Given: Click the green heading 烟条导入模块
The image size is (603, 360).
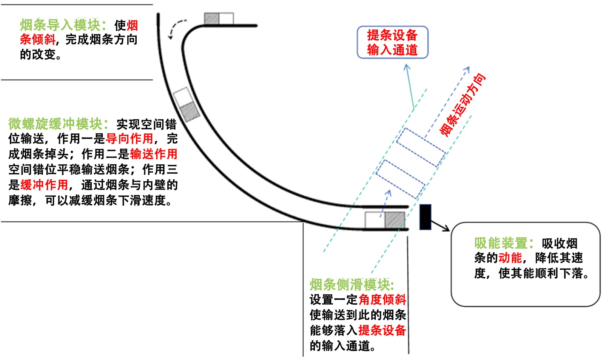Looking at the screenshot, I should click(60, 25).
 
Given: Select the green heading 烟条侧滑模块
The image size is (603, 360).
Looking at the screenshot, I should click(351, 284).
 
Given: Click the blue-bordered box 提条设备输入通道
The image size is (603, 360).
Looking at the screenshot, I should click(392, 42).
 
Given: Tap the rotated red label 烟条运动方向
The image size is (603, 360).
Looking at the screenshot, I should click(463, 105).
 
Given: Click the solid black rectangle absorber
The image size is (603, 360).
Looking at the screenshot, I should click(425, 217).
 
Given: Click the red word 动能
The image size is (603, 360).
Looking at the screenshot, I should click(510, 258).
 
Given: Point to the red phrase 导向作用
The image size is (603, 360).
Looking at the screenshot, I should click(129, 139).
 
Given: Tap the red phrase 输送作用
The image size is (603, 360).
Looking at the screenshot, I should click(154, 154).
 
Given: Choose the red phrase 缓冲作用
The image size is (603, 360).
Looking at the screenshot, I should click(44, 185).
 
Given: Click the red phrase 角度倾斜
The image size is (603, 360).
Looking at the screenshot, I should click(382, 300).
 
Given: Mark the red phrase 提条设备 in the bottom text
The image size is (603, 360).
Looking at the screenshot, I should click(382, 330).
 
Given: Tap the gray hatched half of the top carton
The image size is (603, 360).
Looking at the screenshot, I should click(211, 19).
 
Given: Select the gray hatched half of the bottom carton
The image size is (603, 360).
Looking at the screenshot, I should click(395, 220).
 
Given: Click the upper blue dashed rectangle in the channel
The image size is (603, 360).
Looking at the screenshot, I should click(420, 148).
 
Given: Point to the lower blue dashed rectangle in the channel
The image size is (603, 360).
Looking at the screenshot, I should click(400, 179).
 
